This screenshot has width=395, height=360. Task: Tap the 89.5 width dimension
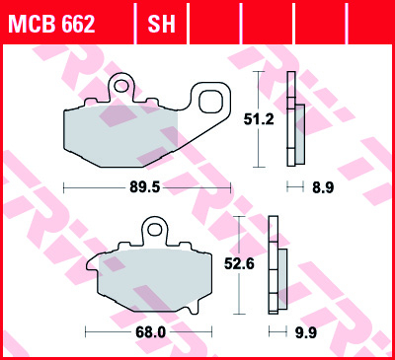[133, 185]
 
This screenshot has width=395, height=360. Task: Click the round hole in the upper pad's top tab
[122, 86]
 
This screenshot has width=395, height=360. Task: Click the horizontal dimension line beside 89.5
[89, 185]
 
